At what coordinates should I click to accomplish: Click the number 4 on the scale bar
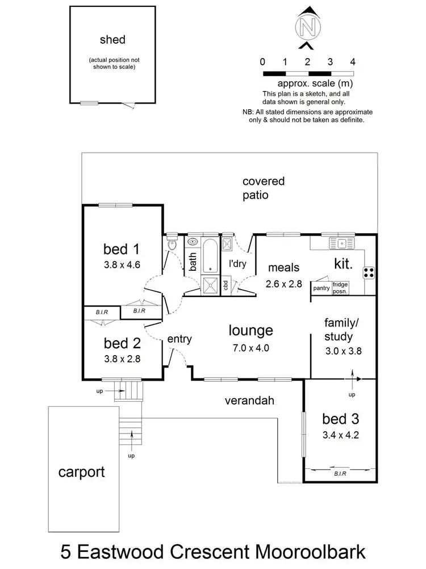[x=353, y=61]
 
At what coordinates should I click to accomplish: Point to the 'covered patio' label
[x=264, y=188]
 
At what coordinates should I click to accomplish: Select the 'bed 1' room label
[x=122, y=249]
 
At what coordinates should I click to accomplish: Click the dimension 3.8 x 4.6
[x=122, y=264]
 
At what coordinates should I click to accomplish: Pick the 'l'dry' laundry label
[x=237, y=264]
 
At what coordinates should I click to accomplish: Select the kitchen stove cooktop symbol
[x=369, y=273]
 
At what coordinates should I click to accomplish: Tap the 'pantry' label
[x=321, y=288]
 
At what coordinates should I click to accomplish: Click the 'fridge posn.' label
[x=341, y=288]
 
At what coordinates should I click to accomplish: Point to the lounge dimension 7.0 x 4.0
[x=251, y=348]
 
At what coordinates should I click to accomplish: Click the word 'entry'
[x=179, y=339]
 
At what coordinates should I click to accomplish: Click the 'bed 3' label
[x=341, y=419]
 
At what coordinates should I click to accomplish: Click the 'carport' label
[x=81, y=472]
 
